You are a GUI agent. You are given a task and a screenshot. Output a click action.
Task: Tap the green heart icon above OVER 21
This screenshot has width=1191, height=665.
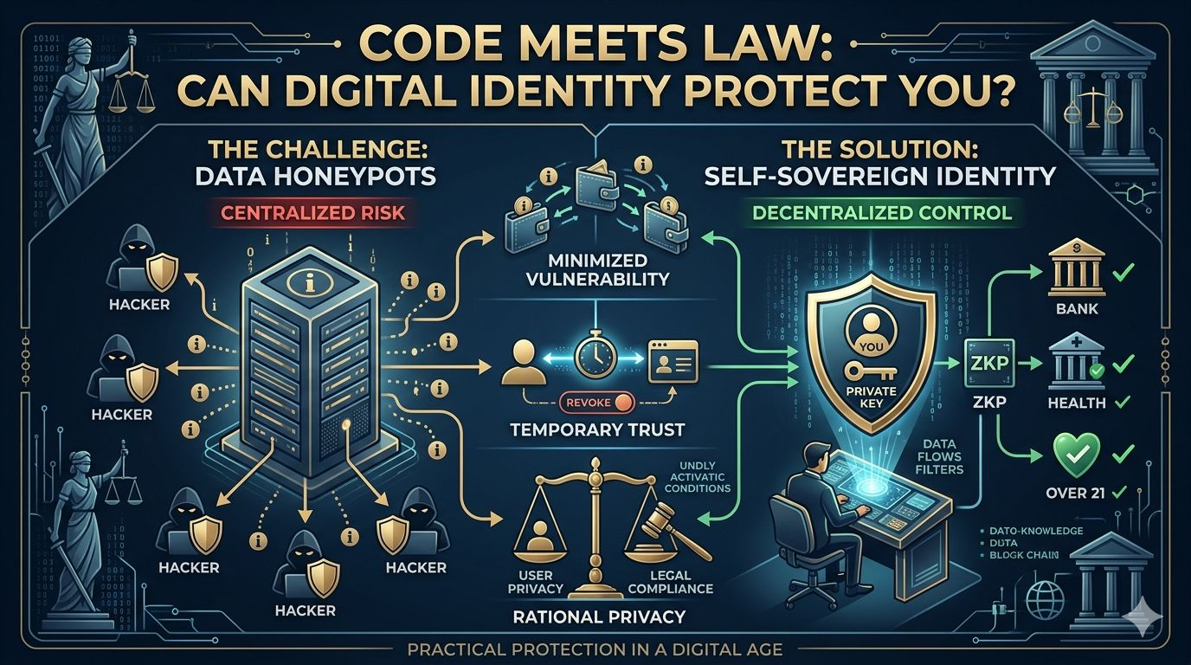1076,451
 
